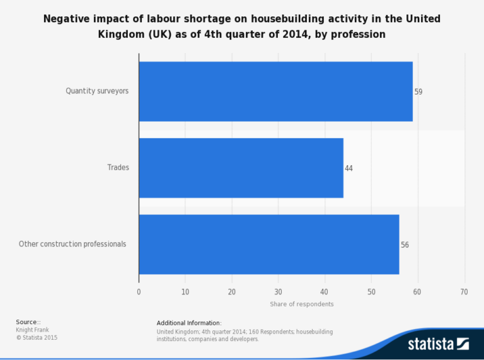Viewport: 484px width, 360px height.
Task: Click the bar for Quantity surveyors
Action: click(x=275, y=91)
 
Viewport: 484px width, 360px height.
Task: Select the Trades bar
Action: click(x=241, y=168)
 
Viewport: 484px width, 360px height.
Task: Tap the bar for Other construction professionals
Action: click(x=268, y=244)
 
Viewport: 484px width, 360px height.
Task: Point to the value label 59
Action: click(x=418, y=92)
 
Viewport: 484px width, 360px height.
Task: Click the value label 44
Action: click(x=349, y=168)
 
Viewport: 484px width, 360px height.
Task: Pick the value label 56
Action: click(x=405, y=245)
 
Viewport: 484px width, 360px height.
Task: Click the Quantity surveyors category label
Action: click(x=97, y=91)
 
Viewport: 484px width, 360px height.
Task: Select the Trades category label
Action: click(x=118, y=168)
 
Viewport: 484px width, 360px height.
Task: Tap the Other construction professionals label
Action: click(x=72, y=244)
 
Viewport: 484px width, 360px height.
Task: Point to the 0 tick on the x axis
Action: click(x=139, y=292)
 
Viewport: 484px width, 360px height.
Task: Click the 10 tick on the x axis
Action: click(x=185, y=292)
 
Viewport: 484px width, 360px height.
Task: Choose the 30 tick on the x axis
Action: click(x=279, y=292)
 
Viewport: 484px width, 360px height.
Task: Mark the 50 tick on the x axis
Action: click(x=371, y=292)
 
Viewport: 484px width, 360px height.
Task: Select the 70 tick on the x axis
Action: click(x=464, y=292)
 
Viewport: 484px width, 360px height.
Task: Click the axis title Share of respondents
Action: click(x=302, y=304)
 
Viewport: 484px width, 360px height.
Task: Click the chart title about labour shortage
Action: click(x=242, y=26)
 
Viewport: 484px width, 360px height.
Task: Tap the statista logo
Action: click(x=438, y=344)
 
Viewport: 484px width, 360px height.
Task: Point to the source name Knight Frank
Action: click(x=32, y=330)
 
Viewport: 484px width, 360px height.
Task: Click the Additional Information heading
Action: click(x=189, y=323)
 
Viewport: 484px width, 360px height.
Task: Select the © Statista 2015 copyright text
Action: click(x=37, y=337)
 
